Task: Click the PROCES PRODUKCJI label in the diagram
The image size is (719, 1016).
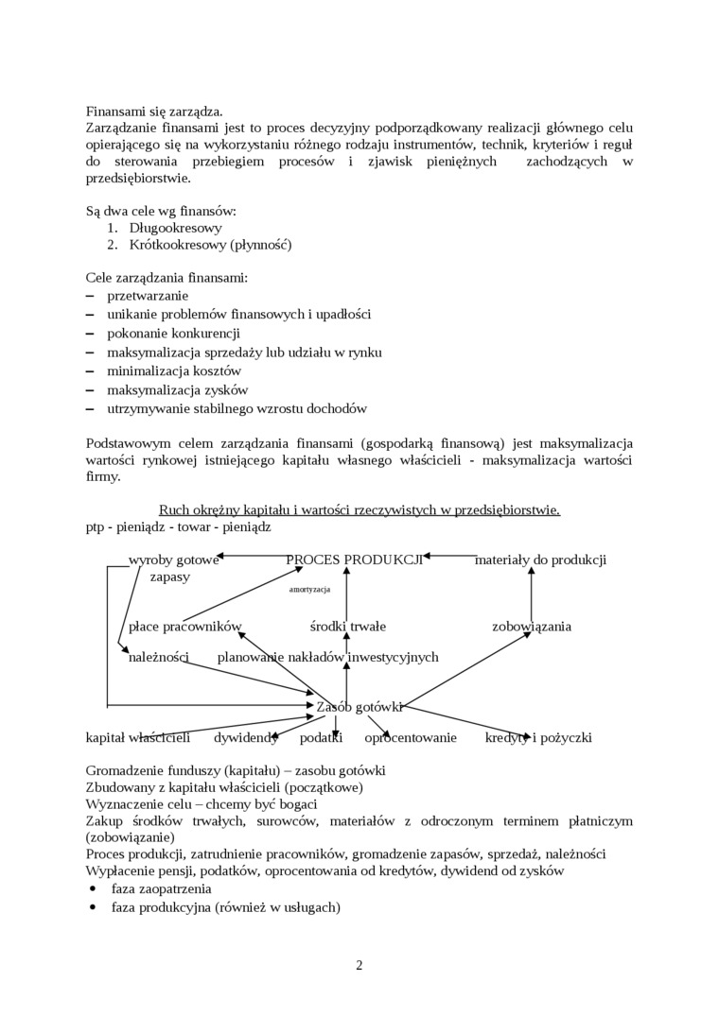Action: point(354,560)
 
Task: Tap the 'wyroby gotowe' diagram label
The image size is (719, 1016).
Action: point(173,560)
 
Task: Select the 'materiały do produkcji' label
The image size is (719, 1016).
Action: point(540,560)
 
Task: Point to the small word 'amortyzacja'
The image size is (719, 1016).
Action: point(309,589)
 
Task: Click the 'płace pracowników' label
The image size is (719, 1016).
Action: point(185,626)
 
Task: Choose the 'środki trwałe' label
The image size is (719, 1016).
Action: point(347,626)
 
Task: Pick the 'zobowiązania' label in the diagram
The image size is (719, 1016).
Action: point(531,626)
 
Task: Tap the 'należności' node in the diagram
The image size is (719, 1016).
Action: point(159,657)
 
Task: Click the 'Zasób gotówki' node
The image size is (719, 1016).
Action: point(359,706)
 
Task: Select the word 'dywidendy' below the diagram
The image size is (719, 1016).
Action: point(246,737)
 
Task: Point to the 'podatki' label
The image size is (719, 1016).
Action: point(321,737)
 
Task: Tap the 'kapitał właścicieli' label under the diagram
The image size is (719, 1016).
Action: point(138,737)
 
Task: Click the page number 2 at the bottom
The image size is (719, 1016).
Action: point(359,965)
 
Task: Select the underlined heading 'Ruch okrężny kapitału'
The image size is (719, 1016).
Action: point(359,509)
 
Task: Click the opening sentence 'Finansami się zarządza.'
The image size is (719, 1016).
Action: point(154,111)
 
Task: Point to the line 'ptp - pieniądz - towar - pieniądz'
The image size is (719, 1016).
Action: point(178,526)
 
